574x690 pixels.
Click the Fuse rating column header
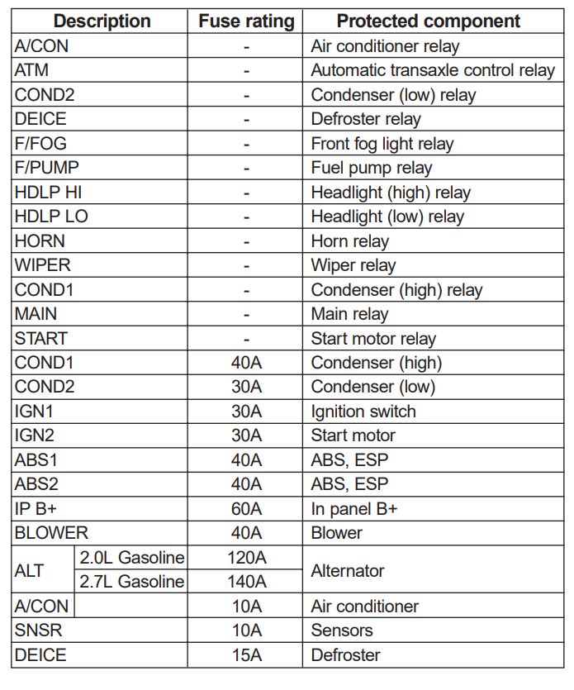point(246,21)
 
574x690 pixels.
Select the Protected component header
point(429,21)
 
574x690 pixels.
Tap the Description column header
point(102,21)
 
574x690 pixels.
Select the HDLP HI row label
point(48,193)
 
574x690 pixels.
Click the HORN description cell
point(40,241)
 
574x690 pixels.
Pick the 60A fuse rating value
point(246,509)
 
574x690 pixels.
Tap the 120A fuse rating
point(246,558)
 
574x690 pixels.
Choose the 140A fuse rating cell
point(246,582)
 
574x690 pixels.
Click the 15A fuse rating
point(246,655)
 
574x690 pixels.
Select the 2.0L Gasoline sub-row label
point(132,558)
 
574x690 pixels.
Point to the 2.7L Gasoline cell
point(132,582)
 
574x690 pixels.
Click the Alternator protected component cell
point(348,570)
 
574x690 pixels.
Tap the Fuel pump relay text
point(372,168)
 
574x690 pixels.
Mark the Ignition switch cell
point(363,412)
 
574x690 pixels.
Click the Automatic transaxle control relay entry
point(433,71)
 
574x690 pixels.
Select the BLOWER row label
point(51,533)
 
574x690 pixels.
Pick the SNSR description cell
point(38,631)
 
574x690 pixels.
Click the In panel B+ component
point(354,509)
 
